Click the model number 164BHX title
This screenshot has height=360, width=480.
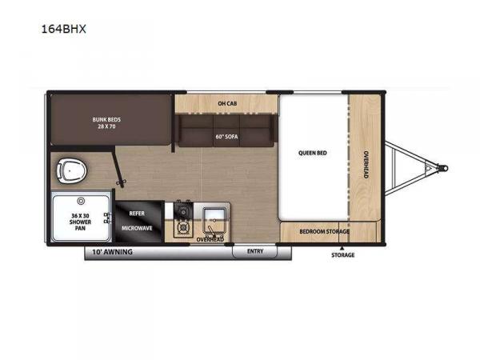click(64, 29)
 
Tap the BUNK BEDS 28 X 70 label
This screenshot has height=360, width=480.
click(106, 122)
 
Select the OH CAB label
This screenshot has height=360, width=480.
click(227, 103)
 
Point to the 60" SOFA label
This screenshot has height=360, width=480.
click(226, 137)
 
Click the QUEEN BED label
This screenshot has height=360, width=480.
click(313, 153)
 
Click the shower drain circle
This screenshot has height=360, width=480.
click(81, 201)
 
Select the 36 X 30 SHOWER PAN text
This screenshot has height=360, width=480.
click(80, 222)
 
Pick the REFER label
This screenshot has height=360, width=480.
click(137, 213)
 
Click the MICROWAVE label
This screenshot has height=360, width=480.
click(137, 228)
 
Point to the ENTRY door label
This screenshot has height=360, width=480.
click(255, 251)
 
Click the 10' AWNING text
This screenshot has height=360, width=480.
click(112, 252)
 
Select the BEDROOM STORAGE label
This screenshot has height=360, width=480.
click(324, 231)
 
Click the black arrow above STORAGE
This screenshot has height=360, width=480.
click(342, 248)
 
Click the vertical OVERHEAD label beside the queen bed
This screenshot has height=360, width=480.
click(366, 164)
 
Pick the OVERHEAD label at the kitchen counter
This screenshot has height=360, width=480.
click(210, 239)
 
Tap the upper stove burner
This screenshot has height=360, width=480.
click(183, 210)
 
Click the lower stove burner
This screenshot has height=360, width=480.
click(183, 227)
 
